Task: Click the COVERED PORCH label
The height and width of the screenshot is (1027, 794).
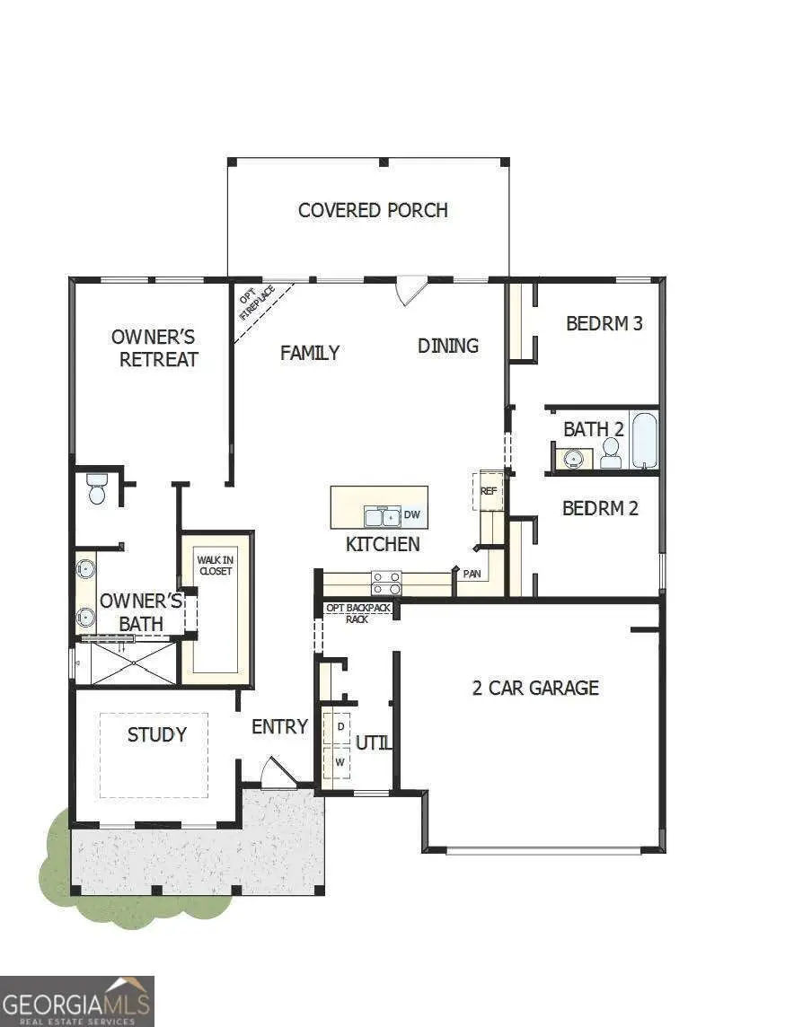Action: click(x=373, y=210)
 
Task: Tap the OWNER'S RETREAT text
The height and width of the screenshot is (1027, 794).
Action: click(x=154, y=348)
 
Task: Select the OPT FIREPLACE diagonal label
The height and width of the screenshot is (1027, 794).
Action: click(x=257, y=303)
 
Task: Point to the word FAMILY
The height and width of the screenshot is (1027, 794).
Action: click(x=310, y=353)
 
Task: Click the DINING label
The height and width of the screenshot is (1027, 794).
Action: click(x=448, y=346)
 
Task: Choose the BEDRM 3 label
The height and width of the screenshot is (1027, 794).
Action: click(x=604, y=323)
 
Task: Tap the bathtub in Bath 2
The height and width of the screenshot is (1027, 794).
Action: click(x=644, y=440)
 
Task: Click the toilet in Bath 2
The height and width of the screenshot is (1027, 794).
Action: click(x=611, y=452)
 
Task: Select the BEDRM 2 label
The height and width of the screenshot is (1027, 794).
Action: click(x=600, y=508)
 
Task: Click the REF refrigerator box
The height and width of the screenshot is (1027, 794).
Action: click(x=489, y=491)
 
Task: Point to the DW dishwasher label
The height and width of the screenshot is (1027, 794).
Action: click(x=412, y=515)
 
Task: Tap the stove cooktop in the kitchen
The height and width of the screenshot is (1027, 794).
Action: click(x=387, y=583)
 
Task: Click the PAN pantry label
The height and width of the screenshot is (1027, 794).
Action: click(x=472, y=572)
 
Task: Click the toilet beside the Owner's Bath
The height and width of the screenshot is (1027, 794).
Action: click(x=97, y=489)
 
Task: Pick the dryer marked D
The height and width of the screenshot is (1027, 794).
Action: click(x=340, y=725)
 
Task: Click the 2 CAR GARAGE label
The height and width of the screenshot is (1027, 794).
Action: click(x=535, y=688)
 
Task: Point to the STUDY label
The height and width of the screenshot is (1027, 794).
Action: click(x=157, y=734)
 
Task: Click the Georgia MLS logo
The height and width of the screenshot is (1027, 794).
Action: click(x=77, y=1001)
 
